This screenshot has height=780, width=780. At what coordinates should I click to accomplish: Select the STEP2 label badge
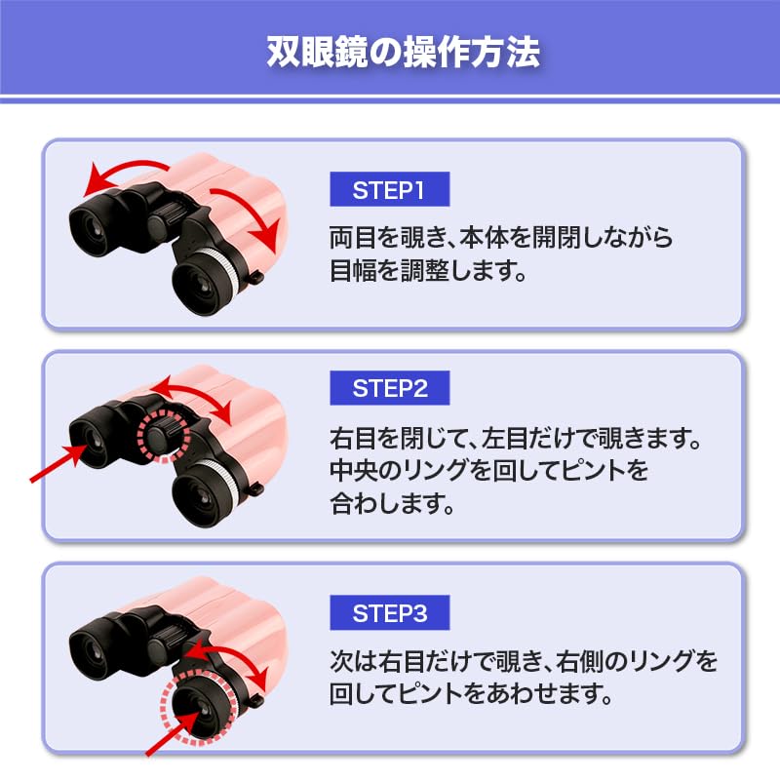click(390, 389)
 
